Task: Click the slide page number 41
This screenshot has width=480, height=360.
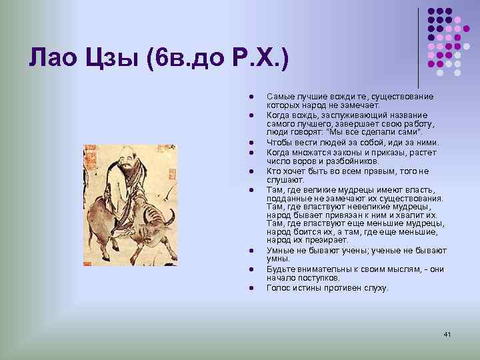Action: [447, 333]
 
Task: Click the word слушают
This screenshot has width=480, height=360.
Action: [285, 180]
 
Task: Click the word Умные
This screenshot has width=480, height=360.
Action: [279, 250]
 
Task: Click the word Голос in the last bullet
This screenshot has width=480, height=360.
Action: [277, 288]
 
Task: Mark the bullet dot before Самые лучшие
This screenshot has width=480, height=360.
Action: [246, 97]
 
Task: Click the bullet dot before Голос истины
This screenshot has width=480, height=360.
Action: [246, 288]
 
